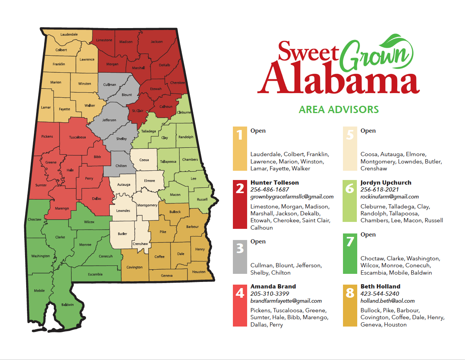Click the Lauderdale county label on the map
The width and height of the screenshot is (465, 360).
point(69,34)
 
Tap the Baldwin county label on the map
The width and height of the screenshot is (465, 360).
point(67,305)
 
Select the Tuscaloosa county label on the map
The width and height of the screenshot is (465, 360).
point(77,137)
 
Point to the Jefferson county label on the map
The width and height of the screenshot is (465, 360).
point(109,120)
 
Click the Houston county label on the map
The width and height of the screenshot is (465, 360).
point(199,272)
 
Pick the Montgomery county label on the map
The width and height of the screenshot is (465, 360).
point(147,205)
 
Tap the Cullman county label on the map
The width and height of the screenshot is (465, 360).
point(110,85)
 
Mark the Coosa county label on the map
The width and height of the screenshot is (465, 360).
point(144,160)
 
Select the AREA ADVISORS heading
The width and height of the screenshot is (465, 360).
point(339,110)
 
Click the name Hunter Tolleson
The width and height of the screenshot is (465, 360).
point(274,182)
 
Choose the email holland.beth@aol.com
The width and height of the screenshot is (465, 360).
point(388,301)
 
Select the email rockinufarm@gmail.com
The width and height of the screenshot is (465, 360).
point(390,197)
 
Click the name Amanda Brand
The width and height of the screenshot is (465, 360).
point(273,286)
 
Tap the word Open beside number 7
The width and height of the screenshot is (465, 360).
point(368,235)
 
